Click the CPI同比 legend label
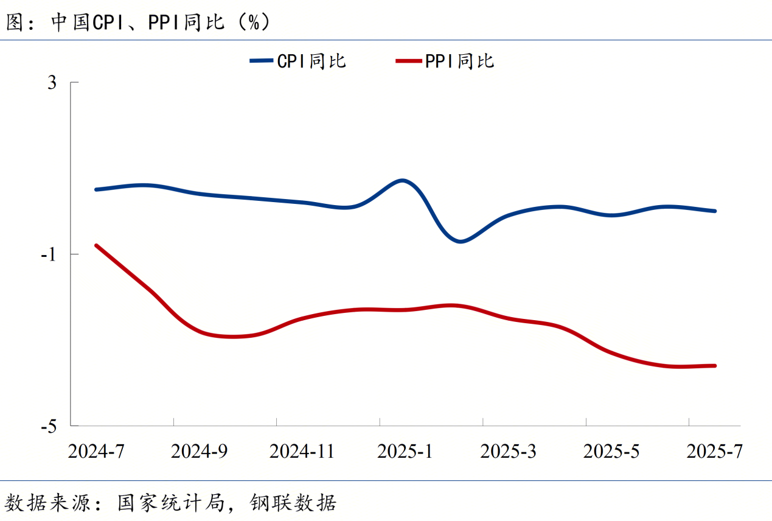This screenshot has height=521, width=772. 311,61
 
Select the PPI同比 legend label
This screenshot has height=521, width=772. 459,61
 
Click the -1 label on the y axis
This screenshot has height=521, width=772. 49,254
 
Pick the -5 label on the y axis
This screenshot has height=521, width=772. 49,426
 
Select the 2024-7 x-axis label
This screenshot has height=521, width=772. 96,452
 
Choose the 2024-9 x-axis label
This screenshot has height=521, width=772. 199,452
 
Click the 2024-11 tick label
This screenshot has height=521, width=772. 302,452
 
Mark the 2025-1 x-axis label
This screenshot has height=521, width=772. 405,452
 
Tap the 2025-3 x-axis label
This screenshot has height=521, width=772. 508,452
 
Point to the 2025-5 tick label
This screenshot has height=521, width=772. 611,452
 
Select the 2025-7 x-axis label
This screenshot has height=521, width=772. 714,452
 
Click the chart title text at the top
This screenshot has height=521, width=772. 137,22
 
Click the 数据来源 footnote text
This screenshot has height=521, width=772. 170,503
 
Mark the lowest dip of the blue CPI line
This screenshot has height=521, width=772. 461,242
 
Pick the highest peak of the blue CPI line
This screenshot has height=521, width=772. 402,180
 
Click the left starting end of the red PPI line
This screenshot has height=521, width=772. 96,245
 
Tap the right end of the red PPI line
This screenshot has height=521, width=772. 715,366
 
